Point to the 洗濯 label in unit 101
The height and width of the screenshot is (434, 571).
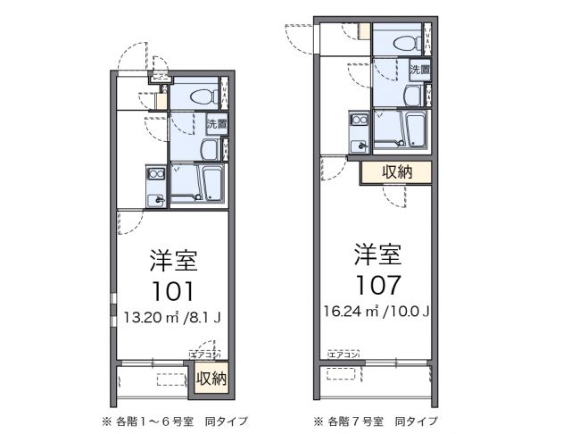[x=216, y=124]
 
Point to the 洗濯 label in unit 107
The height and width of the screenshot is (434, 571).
[x=420, y=70]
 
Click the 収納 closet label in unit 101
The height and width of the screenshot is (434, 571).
[x=211, y=378]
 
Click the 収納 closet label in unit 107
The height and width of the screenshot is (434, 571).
[x=396, y=171]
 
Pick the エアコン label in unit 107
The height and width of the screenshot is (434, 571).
[x=343, y=355]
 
